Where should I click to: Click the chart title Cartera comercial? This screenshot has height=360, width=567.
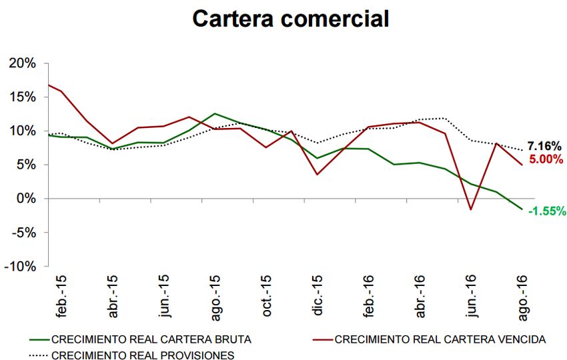(290, 18)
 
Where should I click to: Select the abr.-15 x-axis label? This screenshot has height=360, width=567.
(113, 295)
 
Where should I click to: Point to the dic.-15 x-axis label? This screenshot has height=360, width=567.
(318, 295)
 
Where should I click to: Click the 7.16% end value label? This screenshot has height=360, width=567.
(544, 146)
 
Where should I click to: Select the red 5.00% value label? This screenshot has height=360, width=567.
(546, 159)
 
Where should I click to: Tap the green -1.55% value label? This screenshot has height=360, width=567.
(547, 211)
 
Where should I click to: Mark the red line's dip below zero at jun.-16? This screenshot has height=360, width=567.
(471, 209)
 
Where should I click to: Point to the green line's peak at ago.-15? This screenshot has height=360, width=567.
(214, 113)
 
